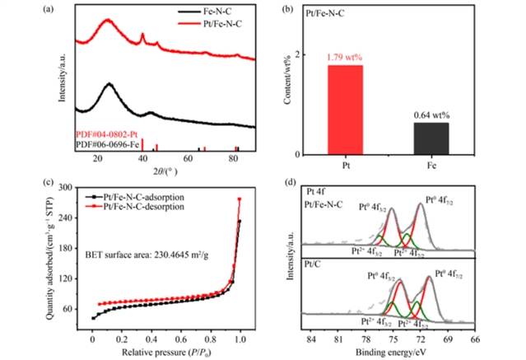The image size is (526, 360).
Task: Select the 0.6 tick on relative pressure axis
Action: (179, 337)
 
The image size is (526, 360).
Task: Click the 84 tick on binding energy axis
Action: (311, 337)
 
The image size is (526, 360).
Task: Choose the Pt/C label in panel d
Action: (314, 264)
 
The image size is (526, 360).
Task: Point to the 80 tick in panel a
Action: (233, 161)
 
